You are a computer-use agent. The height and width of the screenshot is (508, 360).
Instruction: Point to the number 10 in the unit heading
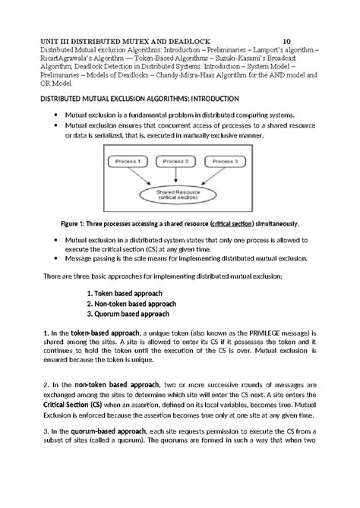click(287, 41)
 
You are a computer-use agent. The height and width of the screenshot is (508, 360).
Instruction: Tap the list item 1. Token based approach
click(131, 292)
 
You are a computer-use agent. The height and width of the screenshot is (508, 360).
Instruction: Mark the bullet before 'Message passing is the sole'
click(56, 257)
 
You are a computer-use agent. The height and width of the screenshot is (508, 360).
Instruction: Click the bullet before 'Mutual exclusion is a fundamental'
click(56, 114)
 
